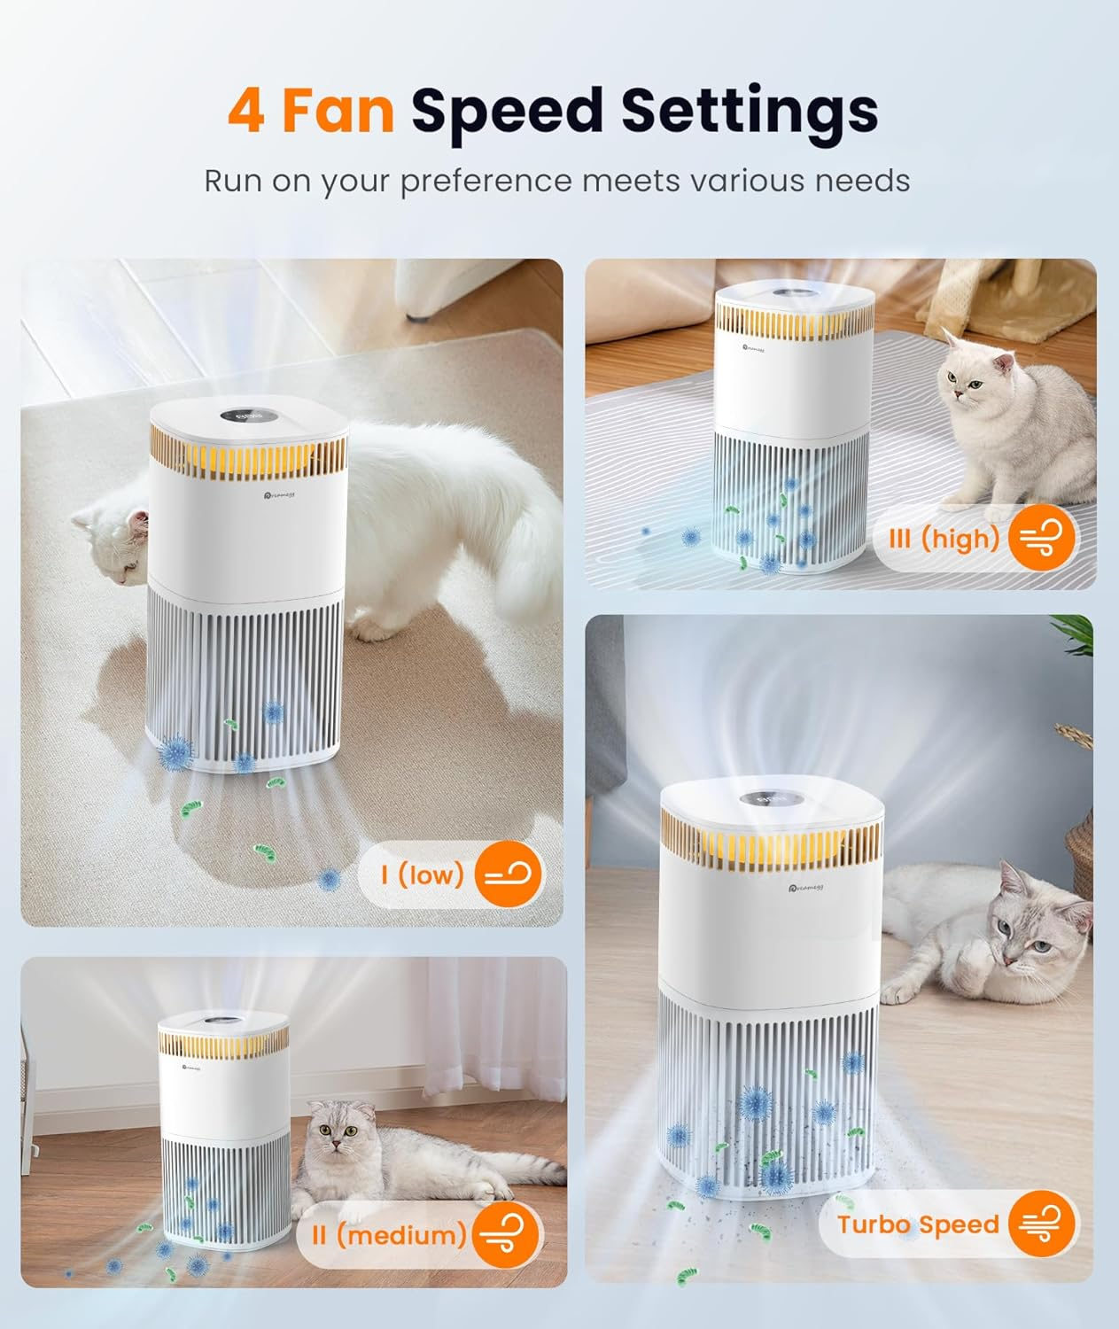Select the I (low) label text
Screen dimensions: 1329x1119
(x=423, y=874)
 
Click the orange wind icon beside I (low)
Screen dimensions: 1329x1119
(x=508, y=875)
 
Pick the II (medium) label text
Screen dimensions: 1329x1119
(x=388, y=1234)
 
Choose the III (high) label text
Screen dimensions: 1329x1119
(x=944, y=538)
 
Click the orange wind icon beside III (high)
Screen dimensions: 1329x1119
(x=1042, y=538)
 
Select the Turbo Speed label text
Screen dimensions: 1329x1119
(x=918, y=1224)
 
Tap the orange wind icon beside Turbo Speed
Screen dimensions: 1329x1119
(x=1042, y=1224)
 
